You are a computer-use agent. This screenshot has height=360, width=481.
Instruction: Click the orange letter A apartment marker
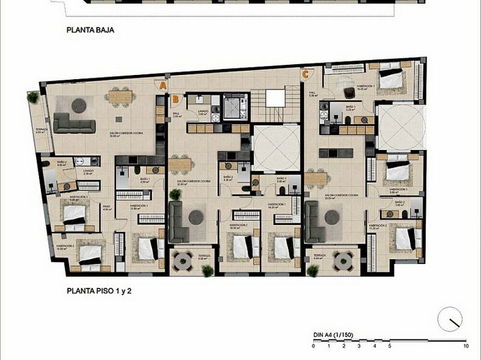coord(162,85)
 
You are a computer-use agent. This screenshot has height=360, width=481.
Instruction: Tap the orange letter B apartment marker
coord(175,99)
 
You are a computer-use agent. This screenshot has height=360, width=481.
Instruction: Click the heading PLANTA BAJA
coord(90,30)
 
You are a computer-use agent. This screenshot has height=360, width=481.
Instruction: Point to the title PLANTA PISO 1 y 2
coord(99,290)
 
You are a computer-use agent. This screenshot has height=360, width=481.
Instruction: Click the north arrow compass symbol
coord(450,318)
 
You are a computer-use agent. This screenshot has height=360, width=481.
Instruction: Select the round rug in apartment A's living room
coord(79,105)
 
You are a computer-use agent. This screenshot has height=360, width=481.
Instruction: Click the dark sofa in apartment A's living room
coord(74,123)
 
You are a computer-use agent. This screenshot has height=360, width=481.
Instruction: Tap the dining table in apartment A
coord(119,97)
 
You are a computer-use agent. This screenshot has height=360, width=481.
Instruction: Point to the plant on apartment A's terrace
coord(33,97)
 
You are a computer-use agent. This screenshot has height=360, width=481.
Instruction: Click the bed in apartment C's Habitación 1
coord(390,80)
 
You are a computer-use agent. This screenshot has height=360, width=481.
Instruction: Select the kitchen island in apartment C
coord(340,152)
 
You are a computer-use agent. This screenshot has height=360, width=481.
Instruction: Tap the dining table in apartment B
coord(181,164)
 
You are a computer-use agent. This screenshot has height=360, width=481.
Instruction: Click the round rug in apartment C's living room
coord(332,217)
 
